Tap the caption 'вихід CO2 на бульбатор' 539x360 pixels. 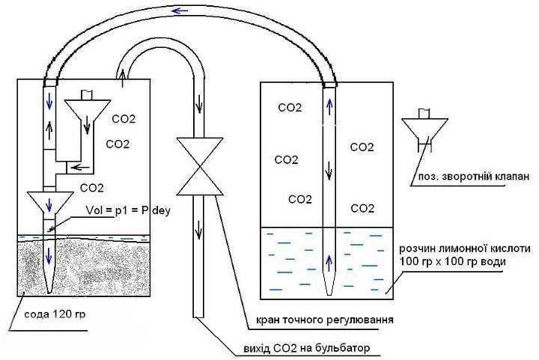(x=307, y=349)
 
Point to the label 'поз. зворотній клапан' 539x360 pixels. (x=469, y=177)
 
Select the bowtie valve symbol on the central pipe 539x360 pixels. (x=198, y=165)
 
